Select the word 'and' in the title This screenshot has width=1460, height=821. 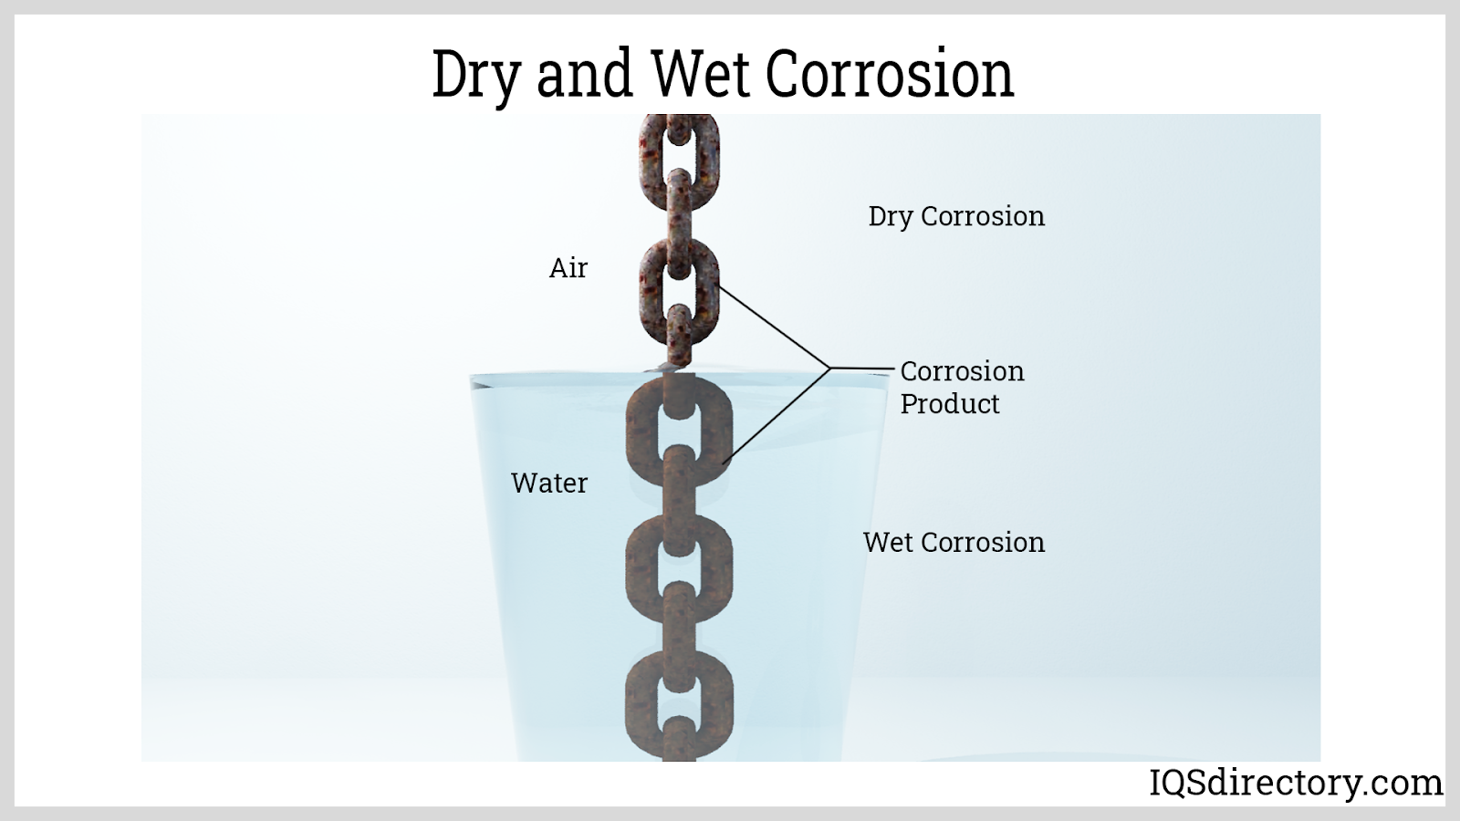click(x=585, y=73)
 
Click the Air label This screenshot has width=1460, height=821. click(x=568, y=268)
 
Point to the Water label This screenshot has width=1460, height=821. click(x=549, y=483)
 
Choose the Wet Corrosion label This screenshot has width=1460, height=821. click(x=954, y=542)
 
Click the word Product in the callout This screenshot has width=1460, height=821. click(x=950, y=404)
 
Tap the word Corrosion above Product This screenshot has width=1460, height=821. click(x=962, y=371)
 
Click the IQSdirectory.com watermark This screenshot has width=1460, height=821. click(x=1295, y=783)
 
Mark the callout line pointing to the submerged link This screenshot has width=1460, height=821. click(x=777, y=416)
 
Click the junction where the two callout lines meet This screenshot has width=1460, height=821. click(x=831, y=369)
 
